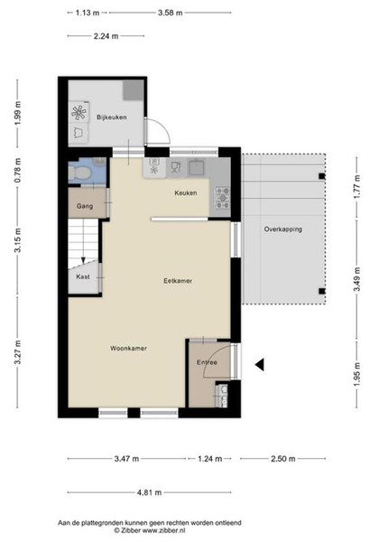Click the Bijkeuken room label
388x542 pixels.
112,117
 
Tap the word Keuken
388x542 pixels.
186,193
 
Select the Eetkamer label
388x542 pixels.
178,281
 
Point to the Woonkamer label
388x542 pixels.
128,348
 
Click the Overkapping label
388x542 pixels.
283,229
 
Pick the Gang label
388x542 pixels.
85,206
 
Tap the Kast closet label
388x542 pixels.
83,276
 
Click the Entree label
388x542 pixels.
207,362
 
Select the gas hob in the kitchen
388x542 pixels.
223,198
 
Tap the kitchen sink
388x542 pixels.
197,167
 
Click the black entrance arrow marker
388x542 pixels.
260,364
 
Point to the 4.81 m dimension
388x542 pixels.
149,492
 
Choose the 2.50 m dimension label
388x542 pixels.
283,459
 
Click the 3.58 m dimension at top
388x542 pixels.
171,13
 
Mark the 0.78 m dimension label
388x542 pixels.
18,171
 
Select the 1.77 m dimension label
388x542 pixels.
357,187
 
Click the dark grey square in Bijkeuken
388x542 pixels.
134,90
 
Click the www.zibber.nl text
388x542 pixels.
164,530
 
